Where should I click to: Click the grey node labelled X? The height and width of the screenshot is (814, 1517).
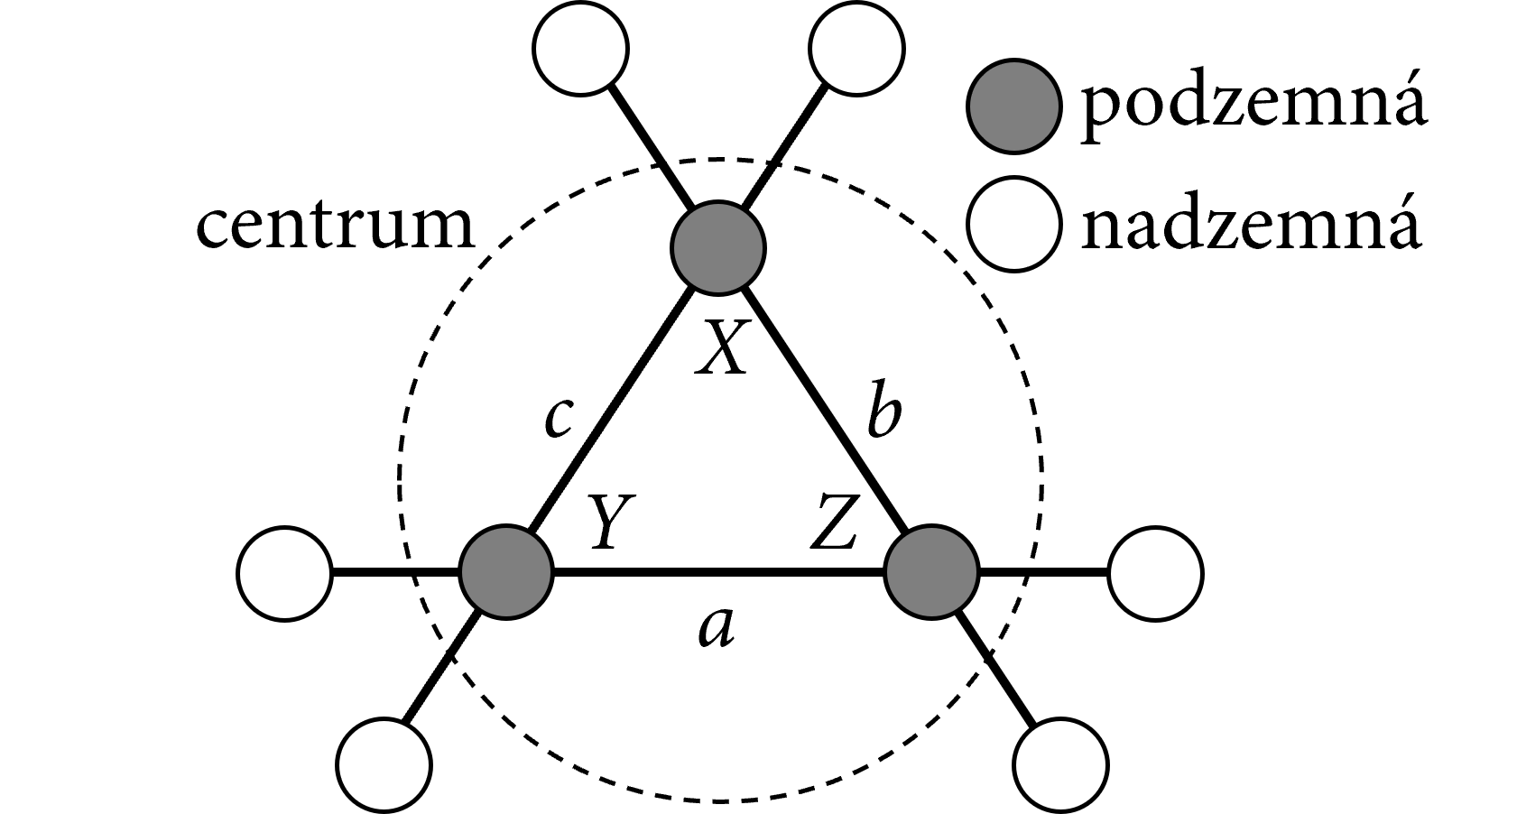pyautogui.click(x=718, y=246)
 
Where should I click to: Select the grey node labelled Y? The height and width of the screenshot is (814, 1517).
pyautogui.click(x=505, y=572)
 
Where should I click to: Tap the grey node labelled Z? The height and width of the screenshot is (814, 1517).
pyautogui.click(x=931, y=572)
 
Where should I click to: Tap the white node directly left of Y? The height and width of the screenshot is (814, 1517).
pyautogui.click(x=283, y=572)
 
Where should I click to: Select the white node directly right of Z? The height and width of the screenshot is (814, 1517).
pyautogui.click(x=1155, y=572)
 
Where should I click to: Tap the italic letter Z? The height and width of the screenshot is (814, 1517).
pyautogui.click(x=832, y=523)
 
